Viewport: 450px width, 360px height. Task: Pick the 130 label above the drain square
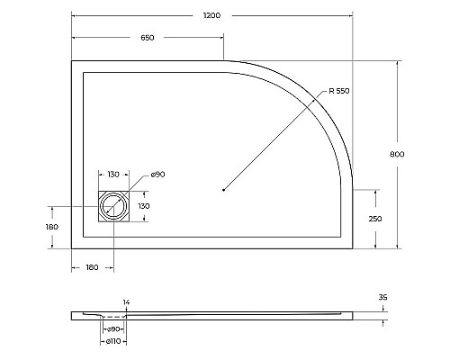tap(113, 174)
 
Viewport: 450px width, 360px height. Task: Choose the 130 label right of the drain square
tap(143, 206)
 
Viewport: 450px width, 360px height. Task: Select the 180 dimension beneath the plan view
tap(92, 267)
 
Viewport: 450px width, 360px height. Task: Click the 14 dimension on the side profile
tap(126, 302)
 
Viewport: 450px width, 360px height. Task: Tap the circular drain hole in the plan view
tap(114, 206)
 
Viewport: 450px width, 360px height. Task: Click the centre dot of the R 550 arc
tap(222, 189)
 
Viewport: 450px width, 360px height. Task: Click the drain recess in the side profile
tap(113, 316)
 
